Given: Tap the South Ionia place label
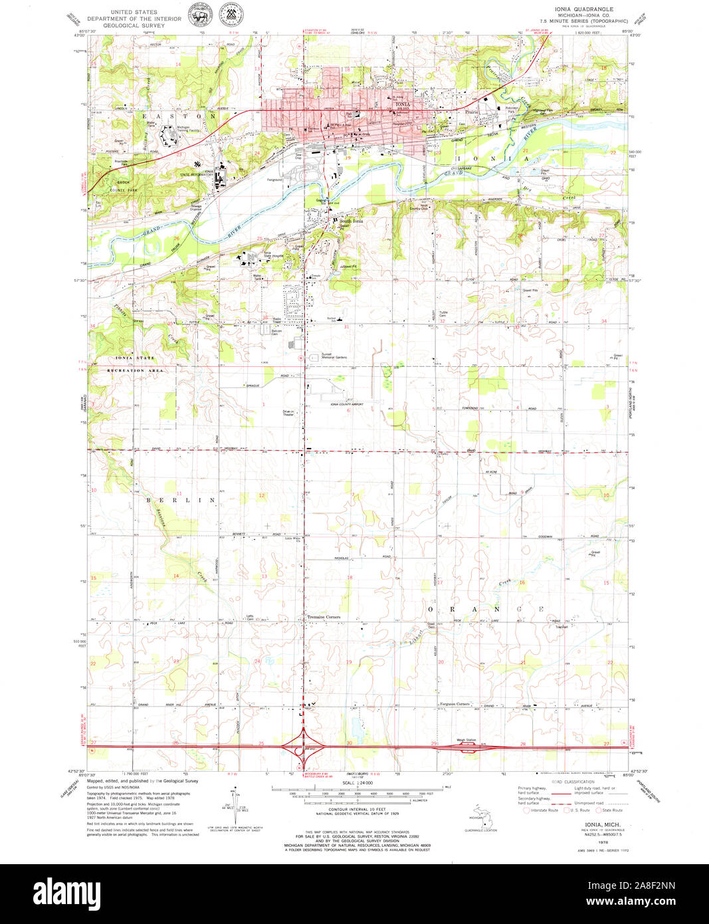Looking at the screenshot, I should [x=352, y=221].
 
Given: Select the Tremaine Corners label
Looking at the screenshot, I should [x=324, y=617].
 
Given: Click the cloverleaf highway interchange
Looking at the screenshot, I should [x=304, y=746].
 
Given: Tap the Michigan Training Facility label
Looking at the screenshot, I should [x=188, y=129].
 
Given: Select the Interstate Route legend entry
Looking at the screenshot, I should [x=542, y=810].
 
